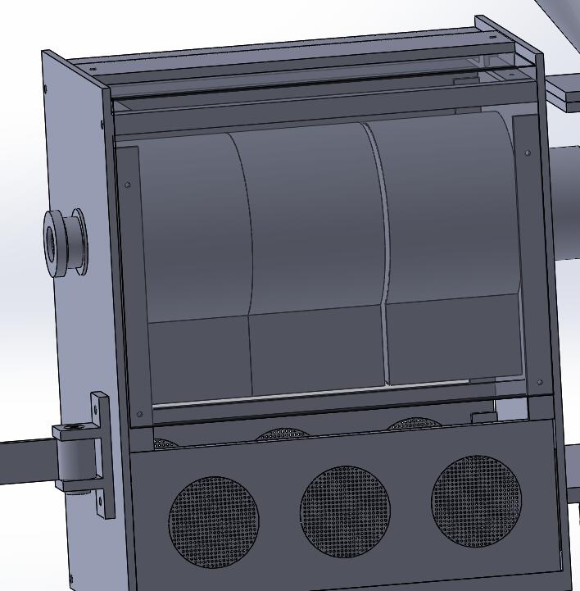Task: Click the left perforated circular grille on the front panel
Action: (213, 522)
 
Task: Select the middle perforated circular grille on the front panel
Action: (345, 511)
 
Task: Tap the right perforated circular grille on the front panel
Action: (476, 500)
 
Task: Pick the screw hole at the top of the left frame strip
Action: (127, 184)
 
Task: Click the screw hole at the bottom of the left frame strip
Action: (139, 414)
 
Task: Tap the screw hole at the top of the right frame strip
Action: (527, 152)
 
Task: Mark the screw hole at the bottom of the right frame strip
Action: (539, 382)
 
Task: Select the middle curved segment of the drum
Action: (315, 217)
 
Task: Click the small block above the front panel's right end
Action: (483, 417)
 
